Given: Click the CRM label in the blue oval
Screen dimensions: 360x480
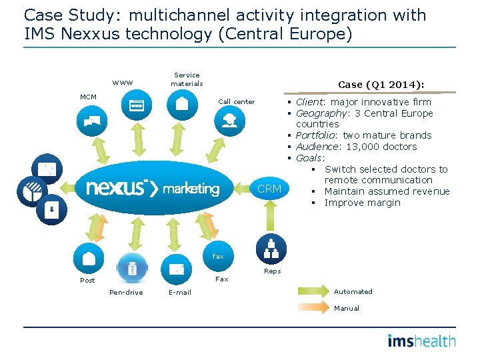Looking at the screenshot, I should pos(269,189).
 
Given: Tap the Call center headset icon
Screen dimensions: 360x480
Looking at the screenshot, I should pos(229,119).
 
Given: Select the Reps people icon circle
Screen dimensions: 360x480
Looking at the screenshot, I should pos(271,248).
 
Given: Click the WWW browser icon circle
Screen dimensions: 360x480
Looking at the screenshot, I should pos(136,105).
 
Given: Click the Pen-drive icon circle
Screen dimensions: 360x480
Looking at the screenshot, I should pos(131,269).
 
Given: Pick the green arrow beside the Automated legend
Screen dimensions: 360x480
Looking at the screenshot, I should pos(312,291).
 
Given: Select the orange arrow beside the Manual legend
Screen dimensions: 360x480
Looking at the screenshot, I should pos(312,308).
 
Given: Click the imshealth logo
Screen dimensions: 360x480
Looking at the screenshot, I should pos(421,341).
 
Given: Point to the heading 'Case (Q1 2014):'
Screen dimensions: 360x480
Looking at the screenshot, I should pos(381,85).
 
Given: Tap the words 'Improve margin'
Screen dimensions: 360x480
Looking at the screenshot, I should pos(363,203).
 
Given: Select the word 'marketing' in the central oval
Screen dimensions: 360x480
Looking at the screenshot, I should pos(191,189).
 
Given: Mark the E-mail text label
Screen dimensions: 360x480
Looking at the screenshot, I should pos(179,293).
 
